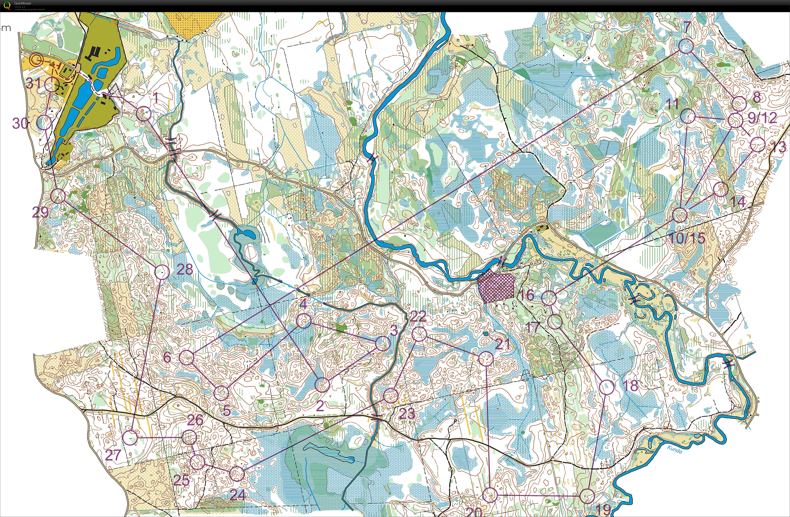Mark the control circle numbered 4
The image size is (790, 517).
pos(303,321)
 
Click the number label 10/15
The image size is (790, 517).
pos(687,238)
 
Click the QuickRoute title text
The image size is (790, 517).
pos(23,3)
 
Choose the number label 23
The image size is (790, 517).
pos(407,413)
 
